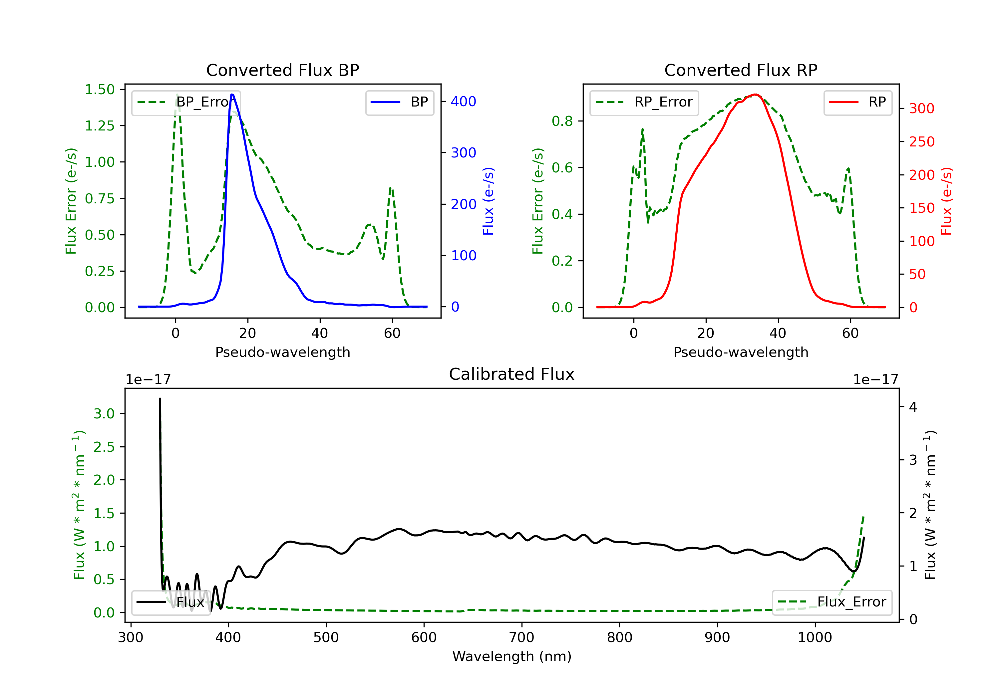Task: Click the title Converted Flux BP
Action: (x=282, y=70)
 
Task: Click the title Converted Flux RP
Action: (x=741, y=70)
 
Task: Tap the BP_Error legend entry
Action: (x=186, y=102)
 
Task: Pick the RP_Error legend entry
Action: (x=644, y=102)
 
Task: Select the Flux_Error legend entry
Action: (x=832, y=602)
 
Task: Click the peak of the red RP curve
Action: (x=755, y=95)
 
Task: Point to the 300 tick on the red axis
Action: (x=921, y=108)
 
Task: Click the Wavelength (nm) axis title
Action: (x=512, y=656)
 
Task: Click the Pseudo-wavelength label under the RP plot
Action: (x=741, y=352)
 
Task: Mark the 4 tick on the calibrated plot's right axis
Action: (x=913, y=407)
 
